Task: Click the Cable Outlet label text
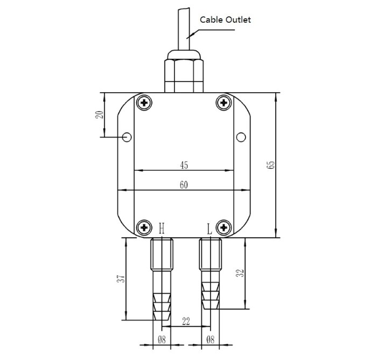click(226, 20)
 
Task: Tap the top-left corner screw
click(144, 102)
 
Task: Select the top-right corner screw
click(224, 102)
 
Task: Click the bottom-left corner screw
click(144, 227)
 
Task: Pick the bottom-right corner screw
click(224, 227)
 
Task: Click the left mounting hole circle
click(127, 137)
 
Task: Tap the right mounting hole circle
click(241, 137)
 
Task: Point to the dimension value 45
click(184, 165)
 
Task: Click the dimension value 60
click(184, 185)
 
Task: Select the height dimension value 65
click(270, 165)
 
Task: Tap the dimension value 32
click(241, 273)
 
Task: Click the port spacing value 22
click(186, 321)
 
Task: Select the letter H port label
click(162, 229)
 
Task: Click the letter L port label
click(210, 229)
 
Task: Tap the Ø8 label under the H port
click(162, 341)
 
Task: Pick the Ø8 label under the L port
click(211, 341)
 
